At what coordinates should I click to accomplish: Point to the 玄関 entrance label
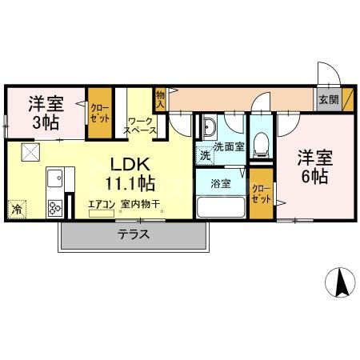click(x=328, y=100)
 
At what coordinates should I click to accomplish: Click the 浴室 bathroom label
click(x=221, y=183)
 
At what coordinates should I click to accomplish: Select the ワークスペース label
click(x=142, y=126)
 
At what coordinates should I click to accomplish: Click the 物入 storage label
click(x=160, y=99)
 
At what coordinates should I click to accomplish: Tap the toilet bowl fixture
click(x=259, y=144)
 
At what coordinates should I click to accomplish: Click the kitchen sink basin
click(x=54, y=177)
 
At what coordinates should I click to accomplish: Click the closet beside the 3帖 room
click(x=100, y=112)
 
